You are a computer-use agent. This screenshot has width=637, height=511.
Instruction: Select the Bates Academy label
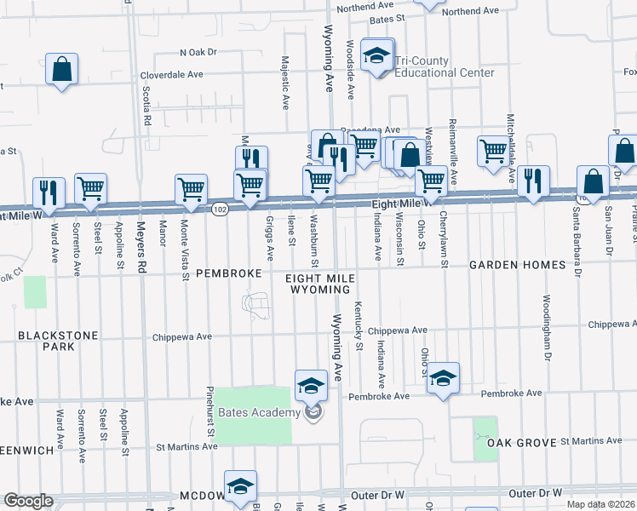tap(260, 413)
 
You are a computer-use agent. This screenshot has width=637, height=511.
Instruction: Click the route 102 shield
tap(220, 209)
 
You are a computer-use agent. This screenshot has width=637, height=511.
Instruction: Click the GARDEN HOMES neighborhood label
tap(517, 265)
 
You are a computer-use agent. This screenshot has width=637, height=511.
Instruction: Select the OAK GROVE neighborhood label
tap(521, 443)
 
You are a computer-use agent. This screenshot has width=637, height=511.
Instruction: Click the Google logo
tap(28, 501)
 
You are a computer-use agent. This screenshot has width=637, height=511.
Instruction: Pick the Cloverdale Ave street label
tap(172, 74)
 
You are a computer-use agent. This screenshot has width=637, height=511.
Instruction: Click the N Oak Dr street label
tap(198, 52)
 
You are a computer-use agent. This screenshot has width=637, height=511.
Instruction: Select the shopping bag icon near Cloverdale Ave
tap(62, 70)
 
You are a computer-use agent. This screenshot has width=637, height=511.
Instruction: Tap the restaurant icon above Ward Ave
tap(48, 192)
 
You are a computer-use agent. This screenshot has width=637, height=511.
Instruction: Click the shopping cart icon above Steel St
tap(90, 189)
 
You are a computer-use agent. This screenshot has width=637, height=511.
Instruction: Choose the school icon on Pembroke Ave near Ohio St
tap(443, 378)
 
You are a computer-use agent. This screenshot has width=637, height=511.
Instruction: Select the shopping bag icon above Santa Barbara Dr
tap(593, 182)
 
